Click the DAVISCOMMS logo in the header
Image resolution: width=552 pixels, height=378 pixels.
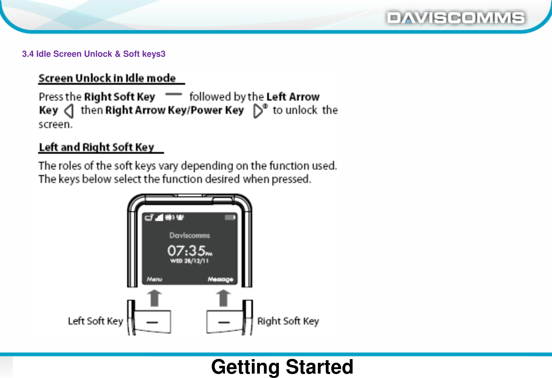coord(455,18)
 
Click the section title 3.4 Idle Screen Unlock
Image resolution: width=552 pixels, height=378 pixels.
coord(93,54)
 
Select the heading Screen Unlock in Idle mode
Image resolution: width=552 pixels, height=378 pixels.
coord(107,78)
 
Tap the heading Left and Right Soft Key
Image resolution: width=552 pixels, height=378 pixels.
coord(97,147)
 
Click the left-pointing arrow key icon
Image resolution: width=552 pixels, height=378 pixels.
coord(69,111)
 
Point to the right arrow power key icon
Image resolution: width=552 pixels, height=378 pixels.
coord(259,110)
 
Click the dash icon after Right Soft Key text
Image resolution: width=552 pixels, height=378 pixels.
coord(173,94)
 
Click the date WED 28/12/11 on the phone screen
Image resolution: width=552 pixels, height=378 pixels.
coord(189,261)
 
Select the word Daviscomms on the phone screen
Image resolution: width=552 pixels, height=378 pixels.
coord(189,235)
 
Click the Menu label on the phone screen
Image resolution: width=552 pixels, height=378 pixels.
coord(154,279)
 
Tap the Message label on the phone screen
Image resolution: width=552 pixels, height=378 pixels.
coord(220,279)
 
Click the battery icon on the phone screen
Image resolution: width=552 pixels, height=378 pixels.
coord(230,217)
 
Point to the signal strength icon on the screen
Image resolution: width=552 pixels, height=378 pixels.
coord(160,217)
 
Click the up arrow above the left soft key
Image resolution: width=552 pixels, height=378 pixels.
coord(154,298)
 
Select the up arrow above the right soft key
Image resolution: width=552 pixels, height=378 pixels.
coord(223,298)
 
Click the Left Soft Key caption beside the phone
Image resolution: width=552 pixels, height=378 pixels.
coord(95,321)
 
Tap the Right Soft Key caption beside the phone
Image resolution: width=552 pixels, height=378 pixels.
coord(288,321)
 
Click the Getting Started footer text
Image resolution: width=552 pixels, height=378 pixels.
coord(282,367)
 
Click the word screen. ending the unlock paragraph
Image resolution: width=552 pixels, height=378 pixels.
coord(55,125)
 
